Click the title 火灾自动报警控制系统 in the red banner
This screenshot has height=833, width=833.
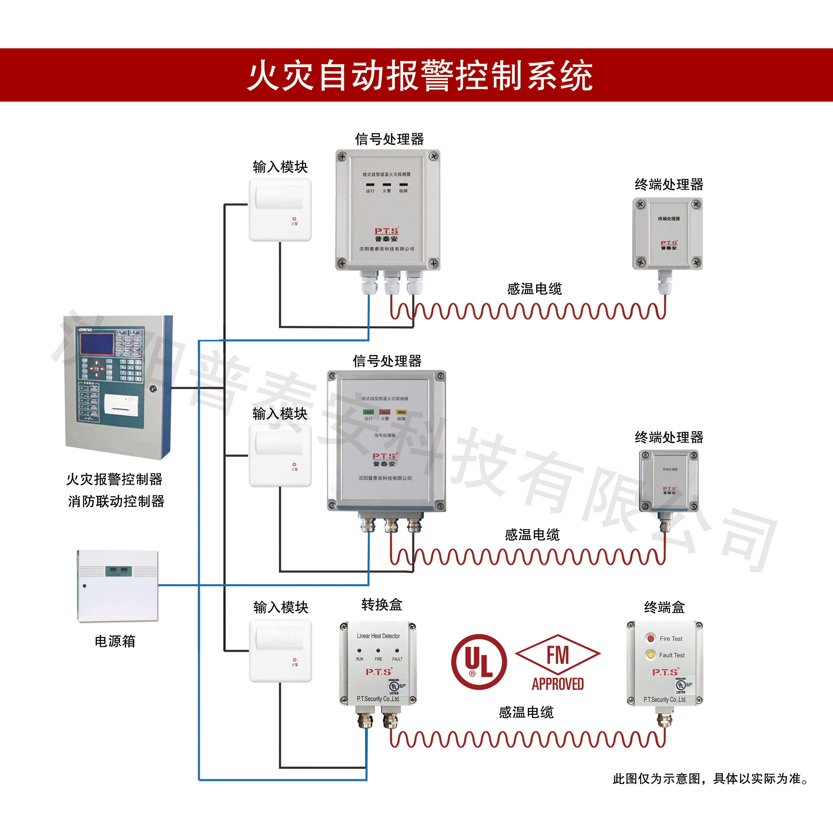pos(419,75)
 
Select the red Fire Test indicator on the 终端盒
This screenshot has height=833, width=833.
pos(651,638)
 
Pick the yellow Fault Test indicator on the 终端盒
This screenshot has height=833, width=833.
pos(651,655)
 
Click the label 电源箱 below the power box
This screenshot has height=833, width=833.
pos(115,641)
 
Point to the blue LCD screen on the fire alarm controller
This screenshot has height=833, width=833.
pos(96,343)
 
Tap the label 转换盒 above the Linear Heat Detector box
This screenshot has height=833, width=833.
pos(382,605)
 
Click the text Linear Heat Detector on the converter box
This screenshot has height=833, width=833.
pos(378,636)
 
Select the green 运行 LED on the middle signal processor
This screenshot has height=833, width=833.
pos(368,412)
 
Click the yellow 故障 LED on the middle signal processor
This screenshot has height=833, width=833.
pos(401,412)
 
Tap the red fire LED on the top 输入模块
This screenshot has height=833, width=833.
pos(295,219)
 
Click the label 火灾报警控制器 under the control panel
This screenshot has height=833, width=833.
pos(114,479)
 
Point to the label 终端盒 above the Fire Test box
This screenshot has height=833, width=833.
pos(664,607)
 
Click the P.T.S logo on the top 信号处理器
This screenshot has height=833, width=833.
pos(386,231)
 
